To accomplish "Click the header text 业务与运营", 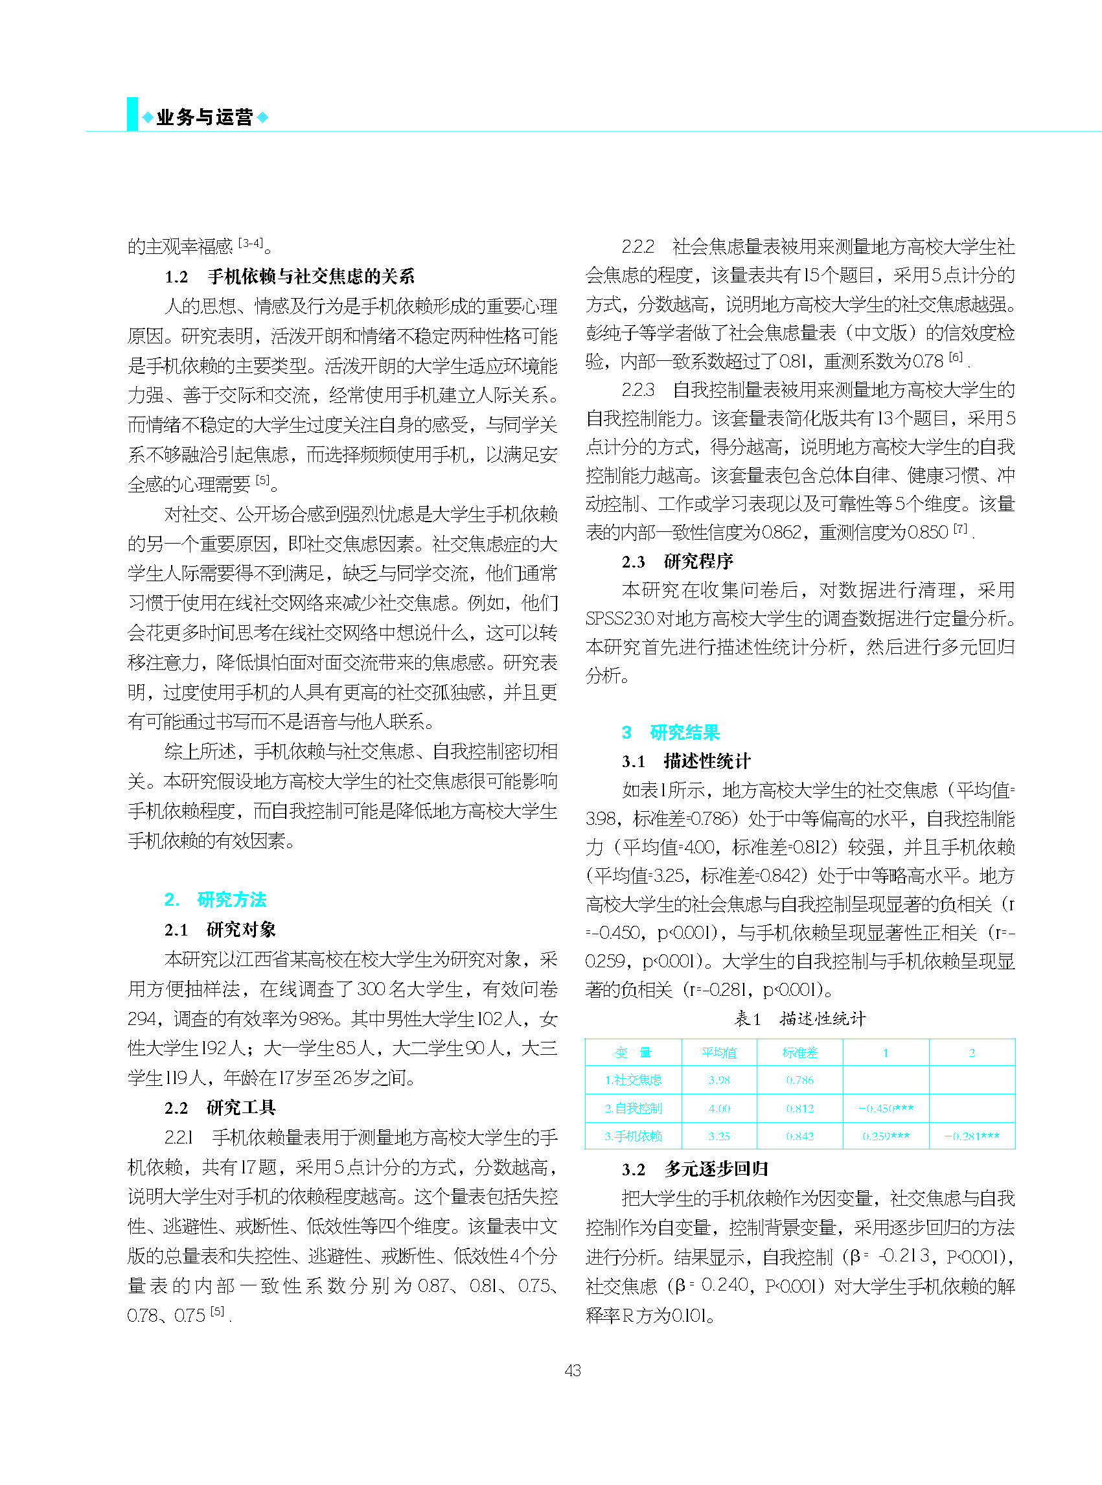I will (204, 117).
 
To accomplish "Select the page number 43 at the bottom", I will (572, 1370).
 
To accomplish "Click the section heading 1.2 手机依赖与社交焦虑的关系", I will (290, 276).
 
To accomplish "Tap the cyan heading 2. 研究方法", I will (216, 899).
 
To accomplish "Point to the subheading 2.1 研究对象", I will (220, 929).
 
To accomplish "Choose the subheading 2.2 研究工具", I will (220, 1107).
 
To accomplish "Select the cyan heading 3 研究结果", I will (671, 733).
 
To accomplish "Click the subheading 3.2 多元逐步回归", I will (694, 1169).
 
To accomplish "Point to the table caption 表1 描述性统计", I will (800, 1019).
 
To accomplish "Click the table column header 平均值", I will (718, 1053).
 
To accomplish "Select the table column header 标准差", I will (799, 1053).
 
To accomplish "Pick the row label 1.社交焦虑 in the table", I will (633, 1080).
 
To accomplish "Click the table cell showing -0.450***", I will (885, 1108).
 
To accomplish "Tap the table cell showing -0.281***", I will (971, 1136).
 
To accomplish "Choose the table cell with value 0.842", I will (799, 1136).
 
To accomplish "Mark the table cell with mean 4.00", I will (718, 1108).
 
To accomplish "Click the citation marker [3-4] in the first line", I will (250, 244).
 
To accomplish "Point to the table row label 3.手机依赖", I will (633, 1136).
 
